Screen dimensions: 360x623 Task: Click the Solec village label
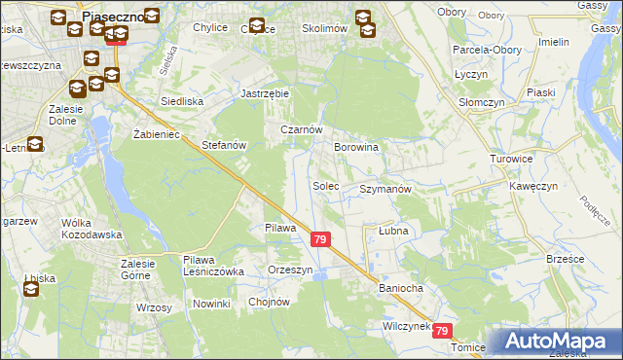coord(326,185)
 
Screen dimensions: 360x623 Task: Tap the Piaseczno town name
coord(114,17)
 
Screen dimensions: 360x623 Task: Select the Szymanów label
coord(385,189)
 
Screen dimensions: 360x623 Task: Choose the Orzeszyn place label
coord(291,270)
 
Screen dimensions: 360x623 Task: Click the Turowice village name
coord(511,158)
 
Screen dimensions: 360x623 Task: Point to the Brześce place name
coord(565,260)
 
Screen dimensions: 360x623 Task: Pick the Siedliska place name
coord(181,101)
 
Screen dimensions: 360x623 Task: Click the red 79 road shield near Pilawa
coord(319,239)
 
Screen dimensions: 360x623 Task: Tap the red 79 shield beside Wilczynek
coord(444,331)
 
